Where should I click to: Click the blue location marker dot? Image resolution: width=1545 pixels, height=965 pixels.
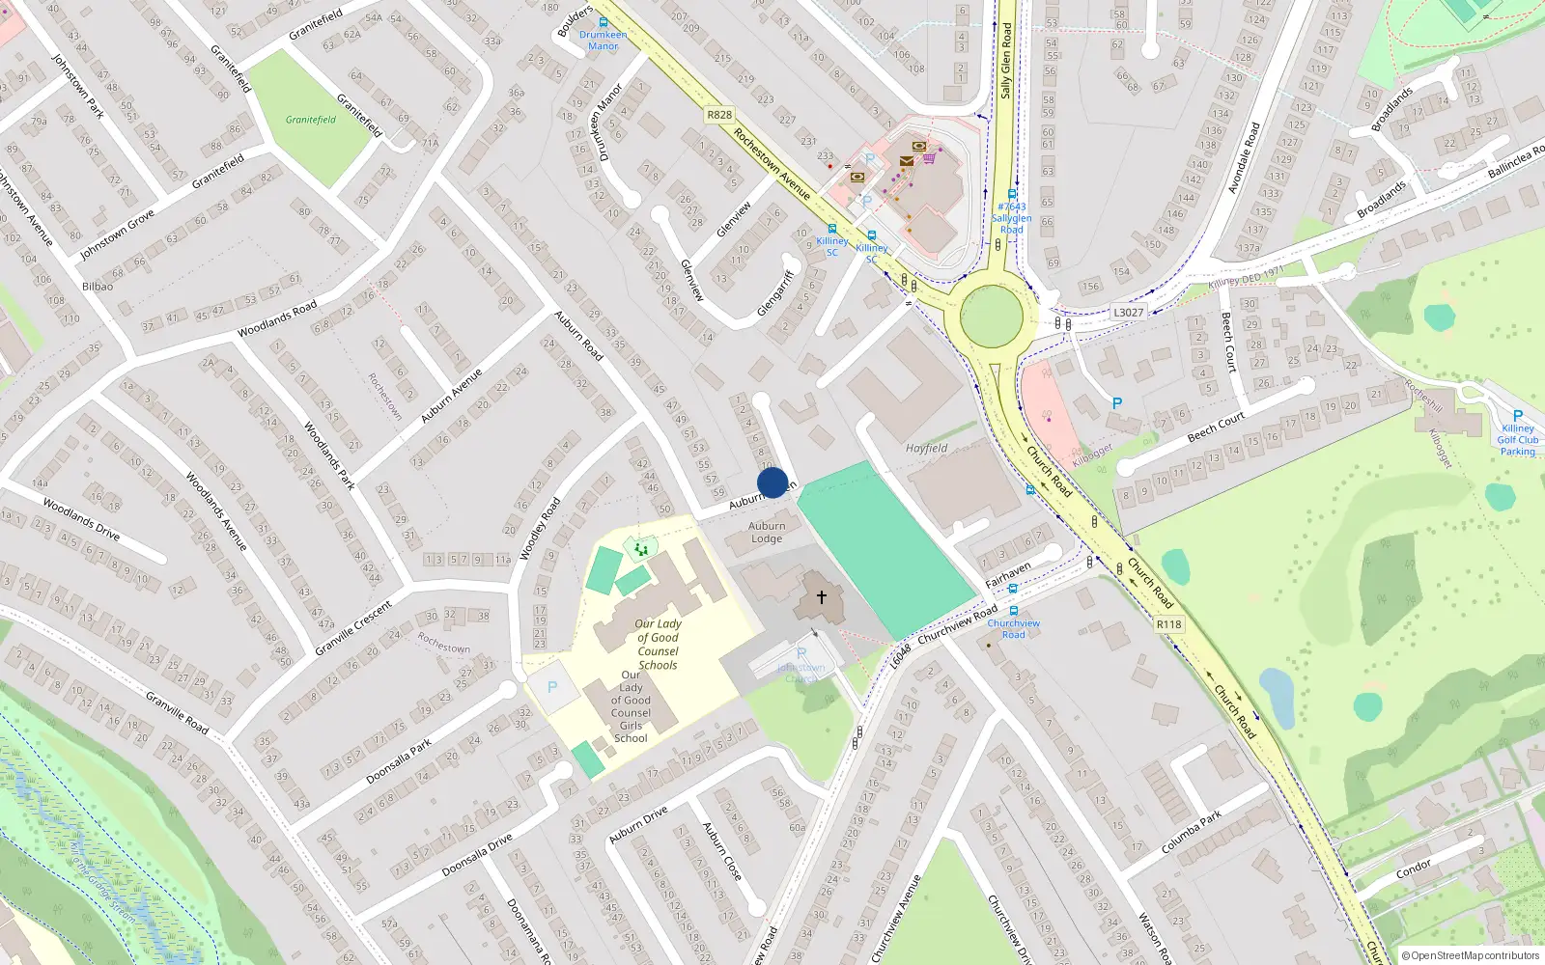pyautogui.click(x=772, y=482)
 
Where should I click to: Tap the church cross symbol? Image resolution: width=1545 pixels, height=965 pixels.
pyautogui.click(x=822, y=597)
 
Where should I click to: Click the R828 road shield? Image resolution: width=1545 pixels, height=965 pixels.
pyautogui.click(x=719, y=115)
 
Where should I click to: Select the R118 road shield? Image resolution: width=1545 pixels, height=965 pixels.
pyautogui.click(x=1168, y=624)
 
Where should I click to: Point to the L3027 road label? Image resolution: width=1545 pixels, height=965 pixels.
pyautogui.click(x=1128, y=312)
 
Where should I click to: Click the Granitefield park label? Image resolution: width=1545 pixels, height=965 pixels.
pyautogui.click(x=311, y=120)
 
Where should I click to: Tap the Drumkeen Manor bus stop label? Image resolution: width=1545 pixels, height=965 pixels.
pyautogui.click(x=603, y=40)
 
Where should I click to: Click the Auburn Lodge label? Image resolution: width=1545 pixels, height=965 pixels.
pyautogui.click(x=767, y=533)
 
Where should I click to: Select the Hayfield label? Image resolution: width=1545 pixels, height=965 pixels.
pyautogui.click(x=926, y=448)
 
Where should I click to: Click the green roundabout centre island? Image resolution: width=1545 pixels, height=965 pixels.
pyautogui.click(x=992, y=316)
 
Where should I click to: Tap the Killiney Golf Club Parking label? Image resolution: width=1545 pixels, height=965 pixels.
pyautogui.click(x=1517, y=440)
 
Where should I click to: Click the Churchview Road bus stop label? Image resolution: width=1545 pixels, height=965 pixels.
pyautogui.click(x=1013, y=628)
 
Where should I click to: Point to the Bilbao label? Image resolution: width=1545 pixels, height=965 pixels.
pyautogui.click(x=98, y=287)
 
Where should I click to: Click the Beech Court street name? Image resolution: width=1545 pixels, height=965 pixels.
pyautogui.click(x=1216, y=426)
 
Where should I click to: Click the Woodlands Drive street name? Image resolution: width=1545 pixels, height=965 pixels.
pyautogui.click(x=81, y=519)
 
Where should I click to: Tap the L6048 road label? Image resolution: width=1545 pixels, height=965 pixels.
pyautogui.click(x=900, y=656)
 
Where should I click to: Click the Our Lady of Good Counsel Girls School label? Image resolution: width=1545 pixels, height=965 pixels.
pyautogui.click(x=631, y=707)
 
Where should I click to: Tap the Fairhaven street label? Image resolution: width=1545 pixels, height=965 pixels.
pyautogui.click(x=1008, y=576)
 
